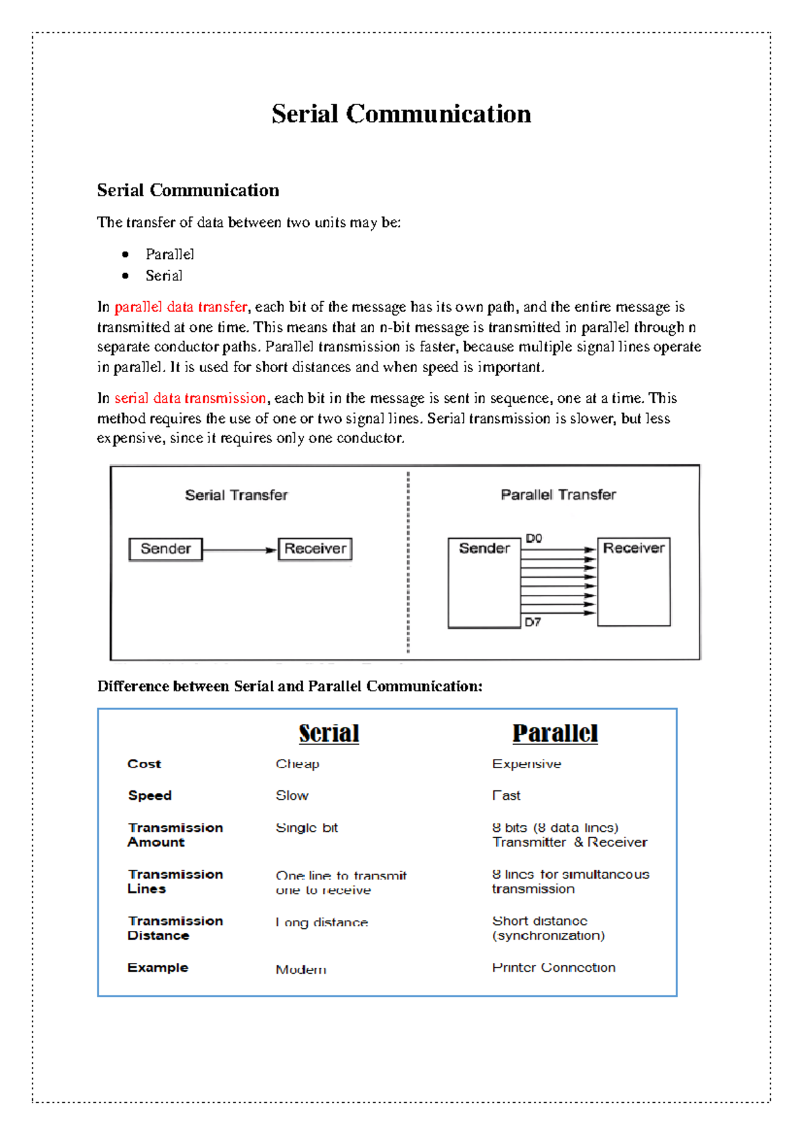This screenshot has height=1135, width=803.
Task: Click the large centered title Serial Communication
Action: [x=401, y=114]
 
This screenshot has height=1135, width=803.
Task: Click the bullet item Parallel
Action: [x=169, y=254]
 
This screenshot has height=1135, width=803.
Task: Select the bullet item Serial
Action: [x=164, y=276]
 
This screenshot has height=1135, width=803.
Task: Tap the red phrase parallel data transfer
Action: [x=181, y=307]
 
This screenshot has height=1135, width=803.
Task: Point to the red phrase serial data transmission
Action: [x=190, y=398]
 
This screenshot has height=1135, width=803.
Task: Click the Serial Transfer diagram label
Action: [x=236, y=495]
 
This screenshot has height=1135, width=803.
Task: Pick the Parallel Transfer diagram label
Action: [x=558, y=495]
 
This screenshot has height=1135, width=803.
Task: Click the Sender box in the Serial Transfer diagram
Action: [x=165, y=549]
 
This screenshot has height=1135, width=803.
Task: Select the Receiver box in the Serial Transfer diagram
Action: [x=315, y=549]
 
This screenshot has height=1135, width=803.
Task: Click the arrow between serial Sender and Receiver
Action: [x=240, y=550]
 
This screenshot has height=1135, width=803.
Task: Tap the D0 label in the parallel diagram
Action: [x=533, y=538]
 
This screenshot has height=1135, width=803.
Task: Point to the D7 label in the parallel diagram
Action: [x=533, y=622]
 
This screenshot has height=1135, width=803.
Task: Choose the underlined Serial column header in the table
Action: [x=329, y=733]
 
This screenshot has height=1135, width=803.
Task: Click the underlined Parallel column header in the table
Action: [x=555, y=733]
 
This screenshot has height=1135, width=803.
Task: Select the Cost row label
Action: [x=145, y=764]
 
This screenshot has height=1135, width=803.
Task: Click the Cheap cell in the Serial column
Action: [x=297, y=764]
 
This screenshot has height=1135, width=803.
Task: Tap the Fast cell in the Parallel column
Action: [x=507, y=796]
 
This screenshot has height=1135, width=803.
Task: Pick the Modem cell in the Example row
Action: [x=301, y=969]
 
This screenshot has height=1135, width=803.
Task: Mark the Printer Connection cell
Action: [x=553, y=968]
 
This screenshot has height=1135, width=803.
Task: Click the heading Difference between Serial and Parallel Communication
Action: [x=290, y=687]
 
